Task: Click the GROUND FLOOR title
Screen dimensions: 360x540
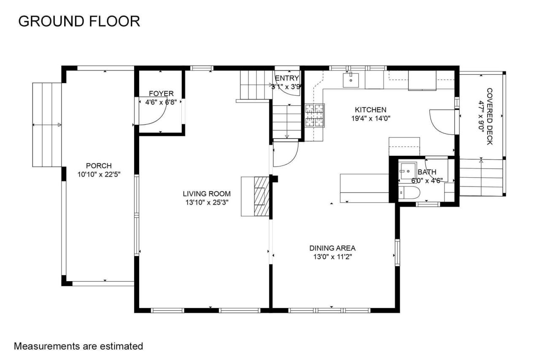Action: [x=79, y=21]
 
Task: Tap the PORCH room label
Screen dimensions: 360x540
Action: [x=99, y=166]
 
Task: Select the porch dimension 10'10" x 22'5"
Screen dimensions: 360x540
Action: [x=99, y=174]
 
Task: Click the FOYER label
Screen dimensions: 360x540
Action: [x=161, y=93]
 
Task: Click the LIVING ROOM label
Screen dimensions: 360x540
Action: [x=207, y=194]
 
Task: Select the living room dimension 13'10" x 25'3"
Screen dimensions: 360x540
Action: [x=207, y=202]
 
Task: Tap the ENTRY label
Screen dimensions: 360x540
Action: [x=287, y=78]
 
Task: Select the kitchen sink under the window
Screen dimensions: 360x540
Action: [x=351, y=79]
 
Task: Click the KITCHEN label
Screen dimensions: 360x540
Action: [x=370, y=110]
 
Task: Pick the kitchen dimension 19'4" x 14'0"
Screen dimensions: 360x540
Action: [x=370, y=119]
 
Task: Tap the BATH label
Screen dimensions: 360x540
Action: [x=427, y=172]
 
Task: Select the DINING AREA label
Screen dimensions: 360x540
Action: [x=332, y=248]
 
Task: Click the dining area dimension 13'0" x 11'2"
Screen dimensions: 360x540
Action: [x=332, y=257]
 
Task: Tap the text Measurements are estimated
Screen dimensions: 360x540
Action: [x=78, y=346]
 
